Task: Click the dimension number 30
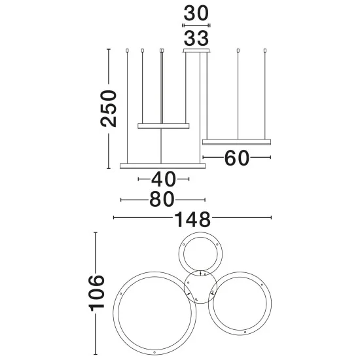[196, 14]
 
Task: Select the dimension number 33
[196, 38]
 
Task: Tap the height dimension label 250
[109, 109]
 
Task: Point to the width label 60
[237, 158]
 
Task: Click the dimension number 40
[164, 179]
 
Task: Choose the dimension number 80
[162, 199]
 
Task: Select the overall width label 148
[192, 219]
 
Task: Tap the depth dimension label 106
[96, 293]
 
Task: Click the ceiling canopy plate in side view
[196, 51]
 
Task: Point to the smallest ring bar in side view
[164, 126]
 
